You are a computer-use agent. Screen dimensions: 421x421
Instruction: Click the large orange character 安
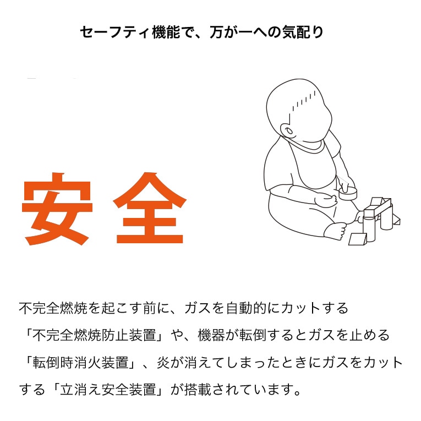tap(57, 209)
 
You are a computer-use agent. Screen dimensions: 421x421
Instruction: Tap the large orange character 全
tap(150, 208)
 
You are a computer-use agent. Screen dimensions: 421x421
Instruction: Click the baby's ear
tap(288, 132)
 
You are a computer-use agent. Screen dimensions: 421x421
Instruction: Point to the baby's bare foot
tap(336, 231)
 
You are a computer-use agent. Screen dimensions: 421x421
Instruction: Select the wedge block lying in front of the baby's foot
tap(358, 239)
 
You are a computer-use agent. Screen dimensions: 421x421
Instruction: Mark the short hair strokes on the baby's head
tap(304, 101)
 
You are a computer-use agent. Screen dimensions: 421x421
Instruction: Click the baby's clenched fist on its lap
tap(327, 199)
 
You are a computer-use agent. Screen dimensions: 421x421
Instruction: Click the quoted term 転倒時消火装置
tap(80, 363)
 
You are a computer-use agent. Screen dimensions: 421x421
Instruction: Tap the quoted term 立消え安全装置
tap(108, 390)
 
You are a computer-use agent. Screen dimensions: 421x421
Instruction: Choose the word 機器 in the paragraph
tap(211, 335)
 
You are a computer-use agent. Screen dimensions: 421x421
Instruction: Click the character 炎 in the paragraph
tap(163, 363)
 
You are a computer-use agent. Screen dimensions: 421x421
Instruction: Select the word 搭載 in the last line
tap(198, 390)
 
